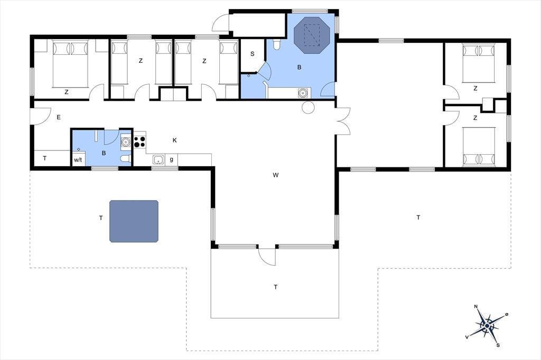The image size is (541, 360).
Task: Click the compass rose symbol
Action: (x=487, y=326)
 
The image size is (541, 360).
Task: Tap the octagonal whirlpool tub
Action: (x=312, y=35)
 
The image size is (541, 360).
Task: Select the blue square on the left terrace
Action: (x=134, y=221)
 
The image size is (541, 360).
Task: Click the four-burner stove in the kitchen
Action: (x=139, y=141)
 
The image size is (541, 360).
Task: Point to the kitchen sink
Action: (x=158, y=159)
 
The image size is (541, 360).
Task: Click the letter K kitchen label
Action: (x=174, y=140)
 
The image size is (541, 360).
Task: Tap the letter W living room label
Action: (x=275, y=175)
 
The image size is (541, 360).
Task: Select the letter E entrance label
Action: (x=59, y=117)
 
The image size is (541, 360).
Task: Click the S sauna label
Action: (x=252, y=54)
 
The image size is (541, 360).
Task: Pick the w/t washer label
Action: (x=78, y=160)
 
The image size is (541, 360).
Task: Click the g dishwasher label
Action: (x=172, y=159)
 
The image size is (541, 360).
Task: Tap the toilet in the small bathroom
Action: (x=126, y=158)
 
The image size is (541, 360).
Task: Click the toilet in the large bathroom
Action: (x=277, y=44)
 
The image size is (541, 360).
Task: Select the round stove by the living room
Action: (x=308, y=108)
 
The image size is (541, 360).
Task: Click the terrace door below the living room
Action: (x=267, y=256)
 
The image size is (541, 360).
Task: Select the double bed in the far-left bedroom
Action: (x=70, y=64)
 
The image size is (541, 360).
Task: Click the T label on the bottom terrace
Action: (x=275, y=287)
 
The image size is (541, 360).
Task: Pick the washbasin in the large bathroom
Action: (x=303, y=93)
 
